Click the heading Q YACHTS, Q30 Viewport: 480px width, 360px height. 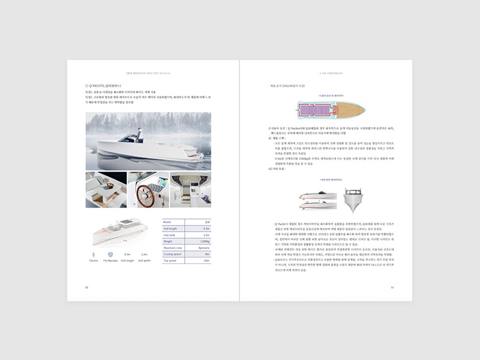tap(107, 85)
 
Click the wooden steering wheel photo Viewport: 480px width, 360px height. tap(148, 190)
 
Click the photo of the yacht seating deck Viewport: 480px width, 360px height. tap(106, 190)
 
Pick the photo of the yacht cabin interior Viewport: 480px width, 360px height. tap(190, 190)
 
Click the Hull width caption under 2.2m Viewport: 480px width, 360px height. tap(144, 260)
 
